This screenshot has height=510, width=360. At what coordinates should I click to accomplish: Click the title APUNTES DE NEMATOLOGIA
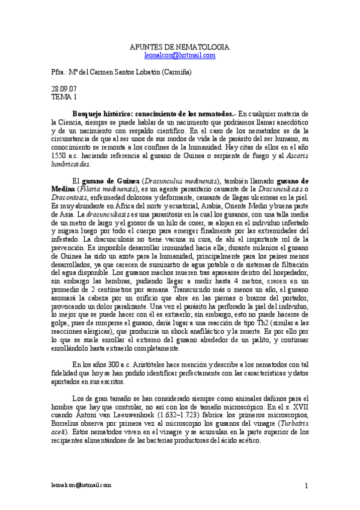point(180,47)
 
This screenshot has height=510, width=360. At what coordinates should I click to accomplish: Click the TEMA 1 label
point(64,96)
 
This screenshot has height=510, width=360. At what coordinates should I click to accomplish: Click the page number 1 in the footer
point(306,485)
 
